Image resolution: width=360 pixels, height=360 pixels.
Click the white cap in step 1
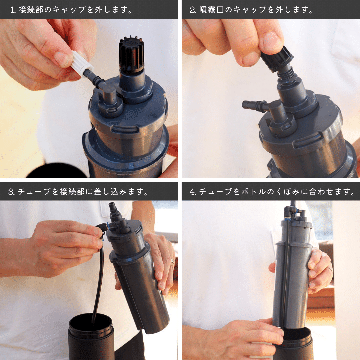[x=82, y=64]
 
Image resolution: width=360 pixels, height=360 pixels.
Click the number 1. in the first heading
[x=13, y=10]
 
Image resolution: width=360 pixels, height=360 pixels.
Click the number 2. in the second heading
[x=193, y=10]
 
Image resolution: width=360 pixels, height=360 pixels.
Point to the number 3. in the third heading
[x=11, y=192]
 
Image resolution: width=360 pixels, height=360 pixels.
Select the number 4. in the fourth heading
[x=193, y=192]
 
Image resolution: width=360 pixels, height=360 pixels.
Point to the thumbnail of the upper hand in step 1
[x=61, y=59]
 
